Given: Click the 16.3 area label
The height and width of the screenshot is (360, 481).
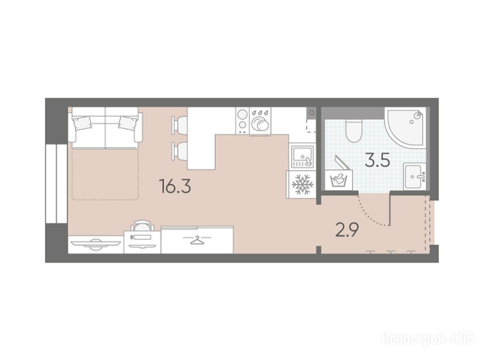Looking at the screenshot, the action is [x=175, y=186].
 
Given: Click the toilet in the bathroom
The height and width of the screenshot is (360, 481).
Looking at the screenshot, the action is [x=354, y=131].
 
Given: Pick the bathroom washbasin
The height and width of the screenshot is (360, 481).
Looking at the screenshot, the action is [x=414, y=176].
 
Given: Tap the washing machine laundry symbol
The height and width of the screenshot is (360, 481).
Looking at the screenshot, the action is [x=339, y=180].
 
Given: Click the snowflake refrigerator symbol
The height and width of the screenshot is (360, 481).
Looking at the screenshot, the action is [x=303, y=184].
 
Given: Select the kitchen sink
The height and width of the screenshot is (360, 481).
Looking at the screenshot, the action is [x=302, y=157].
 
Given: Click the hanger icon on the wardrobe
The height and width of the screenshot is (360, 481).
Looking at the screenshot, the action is [x=197, y=240].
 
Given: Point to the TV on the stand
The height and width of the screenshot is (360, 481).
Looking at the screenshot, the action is [x=95, y=244].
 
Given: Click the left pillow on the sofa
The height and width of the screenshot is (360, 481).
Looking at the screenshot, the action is [x=83, y=123].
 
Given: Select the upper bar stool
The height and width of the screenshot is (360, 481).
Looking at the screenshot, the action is [x=179, y=125].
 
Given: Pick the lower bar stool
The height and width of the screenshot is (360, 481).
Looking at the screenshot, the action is [x=179, y=151].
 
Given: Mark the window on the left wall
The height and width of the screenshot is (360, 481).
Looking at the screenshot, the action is [x=56, y=184].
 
